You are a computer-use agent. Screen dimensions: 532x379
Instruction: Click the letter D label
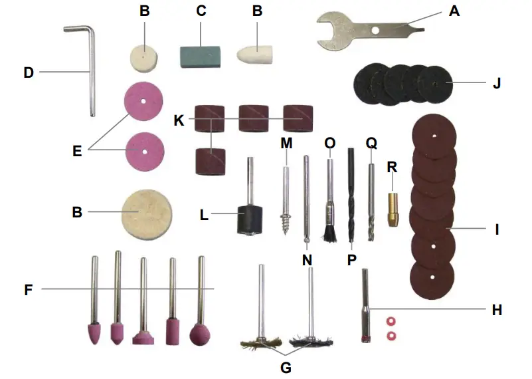[x=28, y=72]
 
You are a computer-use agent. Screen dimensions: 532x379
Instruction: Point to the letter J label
[x=496, y=84]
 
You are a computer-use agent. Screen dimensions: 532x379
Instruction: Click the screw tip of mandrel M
[x=288, y=221]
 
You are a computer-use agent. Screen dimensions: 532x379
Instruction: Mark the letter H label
[x=495, y=309]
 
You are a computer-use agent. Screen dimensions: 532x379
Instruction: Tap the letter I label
[x=497, y=230]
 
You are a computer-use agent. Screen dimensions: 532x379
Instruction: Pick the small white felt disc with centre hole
[x=143, y=57]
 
